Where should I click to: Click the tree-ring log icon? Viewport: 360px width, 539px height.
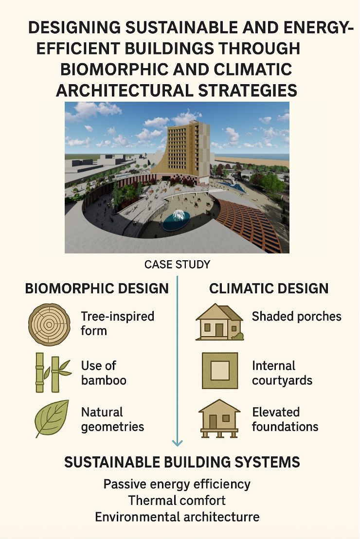pyautogui.click(x=49, y=324)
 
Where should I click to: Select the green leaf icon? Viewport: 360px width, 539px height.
pyautogui.click(x=52, y=418)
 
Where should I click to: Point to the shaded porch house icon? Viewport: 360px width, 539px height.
pyautogui.click(x=219, y=322)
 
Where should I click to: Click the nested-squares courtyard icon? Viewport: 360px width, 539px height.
pyautogui.click(x=220, y=371)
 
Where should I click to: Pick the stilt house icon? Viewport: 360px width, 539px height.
pyautogui.click(x=219, y=418)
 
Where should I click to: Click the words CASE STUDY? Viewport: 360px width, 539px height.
pyautogui.click(x=177, y=264)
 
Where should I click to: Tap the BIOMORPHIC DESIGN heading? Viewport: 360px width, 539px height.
pyautogui.click(x=97, y=288)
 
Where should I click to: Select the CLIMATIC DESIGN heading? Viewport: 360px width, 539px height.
pyautogui.click(x=269, y=288)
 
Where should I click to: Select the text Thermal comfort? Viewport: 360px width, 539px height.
pyautogui.click(x=177, y=500)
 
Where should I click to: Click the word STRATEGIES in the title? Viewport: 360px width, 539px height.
pyautogui.click(x=248, y=90)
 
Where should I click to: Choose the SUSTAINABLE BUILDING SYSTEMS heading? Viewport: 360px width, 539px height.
pyautogui.click(x=182, y=462)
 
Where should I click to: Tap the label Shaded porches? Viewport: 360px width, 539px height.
pyautogui.click(x=296, y=317)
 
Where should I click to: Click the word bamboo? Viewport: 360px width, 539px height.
pyautogui.click(x=104, y=380)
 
